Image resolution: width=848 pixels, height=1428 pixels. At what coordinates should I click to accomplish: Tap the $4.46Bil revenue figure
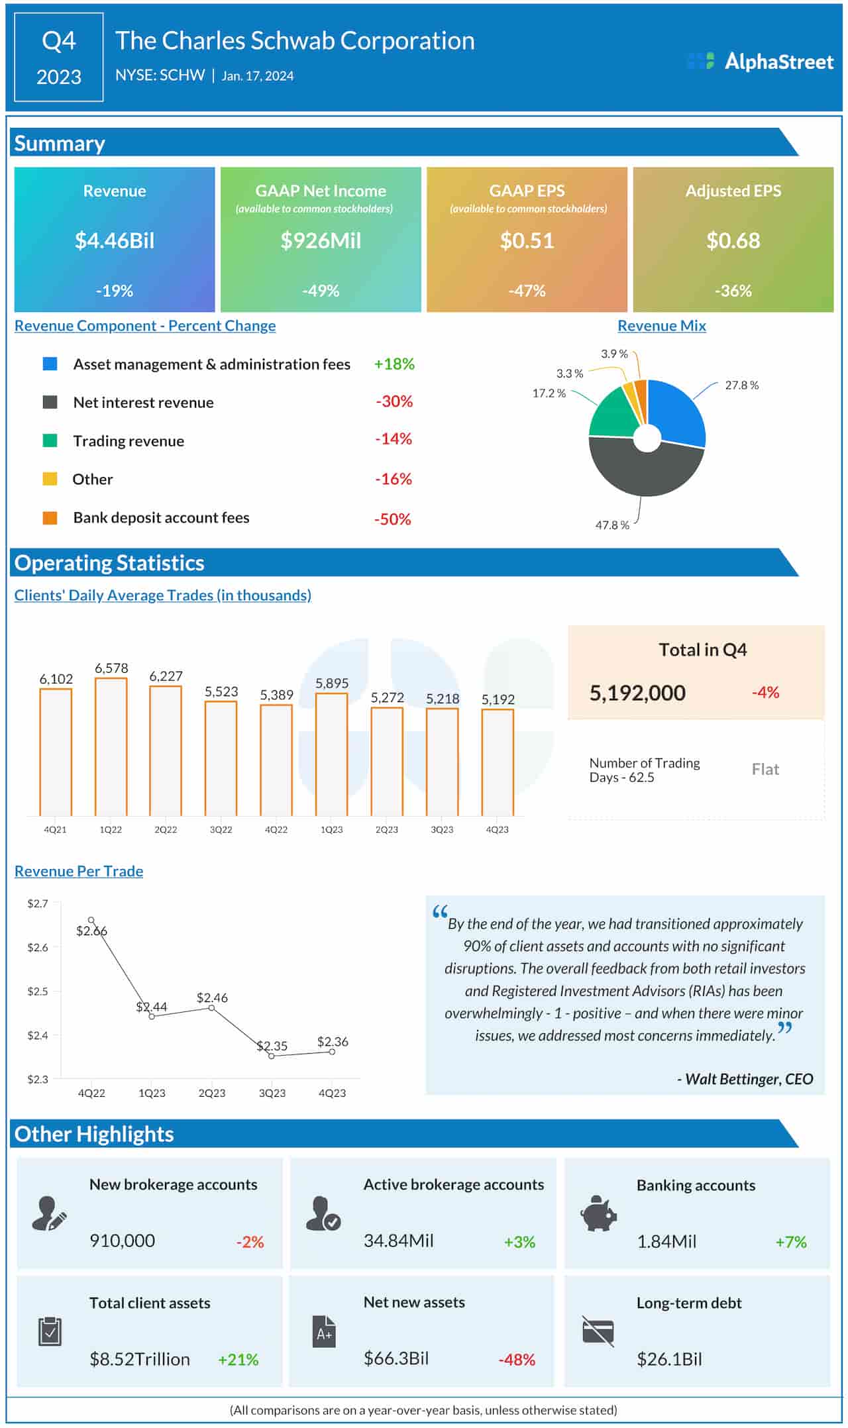[115, 240]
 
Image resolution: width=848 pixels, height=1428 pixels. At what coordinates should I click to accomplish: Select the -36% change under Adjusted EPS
[733, 291]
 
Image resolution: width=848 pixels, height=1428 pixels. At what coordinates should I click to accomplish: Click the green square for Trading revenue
[50, 441]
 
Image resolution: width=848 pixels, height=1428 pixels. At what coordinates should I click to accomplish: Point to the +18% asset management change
[394, 364]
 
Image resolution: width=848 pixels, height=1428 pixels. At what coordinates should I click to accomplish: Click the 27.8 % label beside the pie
[741, 385]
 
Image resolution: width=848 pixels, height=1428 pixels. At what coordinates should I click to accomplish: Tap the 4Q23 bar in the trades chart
[498, 762]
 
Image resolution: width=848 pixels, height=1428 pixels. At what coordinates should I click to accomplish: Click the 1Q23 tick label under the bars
[331, 830]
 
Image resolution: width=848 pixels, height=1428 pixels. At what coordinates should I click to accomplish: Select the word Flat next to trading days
[765, 770]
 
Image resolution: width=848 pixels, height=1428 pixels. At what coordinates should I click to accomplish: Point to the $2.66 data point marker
[91, 920]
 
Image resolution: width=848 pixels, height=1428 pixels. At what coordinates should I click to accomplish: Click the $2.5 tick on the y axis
[37, 992]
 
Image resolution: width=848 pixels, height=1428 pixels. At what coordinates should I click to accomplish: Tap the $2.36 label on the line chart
[333, 1042]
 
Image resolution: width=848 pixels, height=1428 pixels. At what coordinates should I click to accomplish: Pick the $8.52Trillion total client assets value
[140, 1360]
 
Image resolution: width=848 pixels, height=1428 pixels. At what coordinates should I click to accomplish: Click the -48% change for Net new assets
[516, 1360]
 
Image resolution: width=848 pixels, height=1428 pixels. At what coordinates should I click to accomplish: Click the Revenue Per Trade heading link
[79, 872]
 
